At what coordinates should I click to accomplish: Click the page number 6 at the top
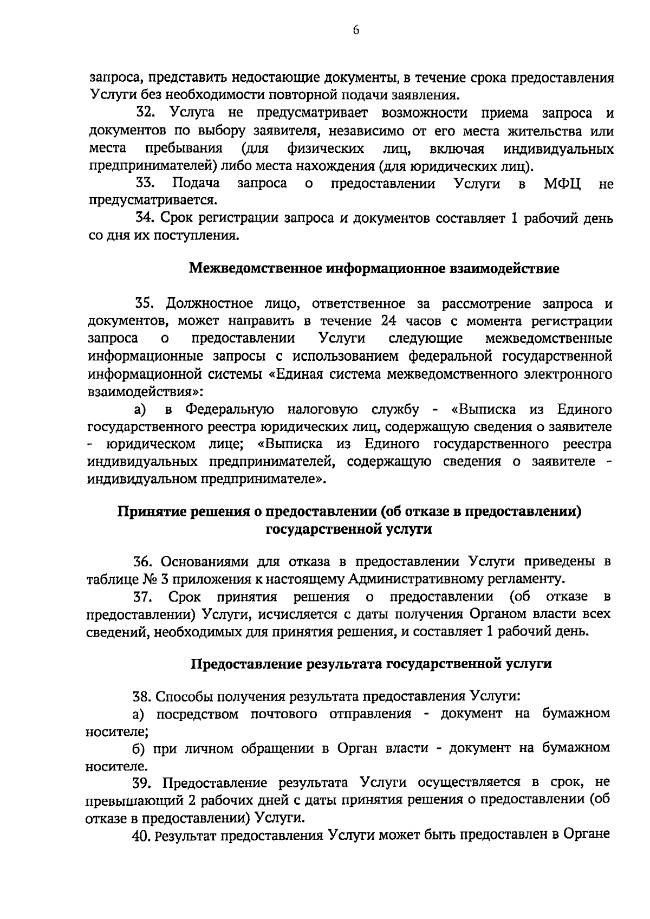click(x=355, y=31)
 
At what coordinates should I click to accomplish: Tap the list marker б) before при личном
click(x=139, y=748)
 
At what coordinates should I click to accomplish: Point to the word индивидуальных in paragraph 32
click(x=558, y=148)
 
